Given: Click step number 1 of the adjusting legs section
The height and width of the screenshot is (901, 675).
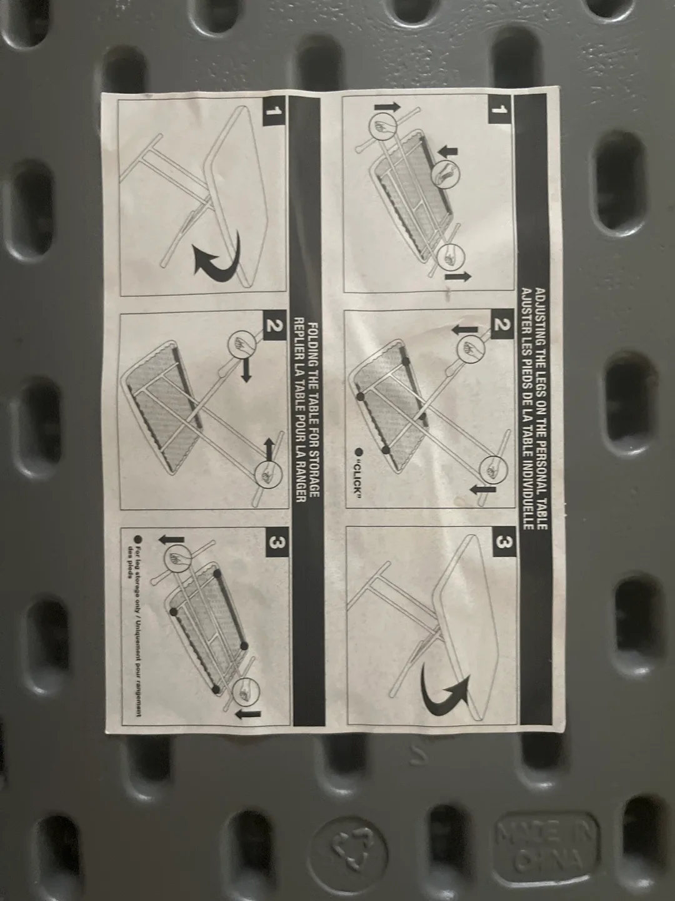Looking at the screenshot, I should (x=499, y=111).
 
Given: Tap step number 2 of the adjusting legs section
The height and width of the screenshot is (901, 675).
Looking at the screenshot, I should (x=499, y=325).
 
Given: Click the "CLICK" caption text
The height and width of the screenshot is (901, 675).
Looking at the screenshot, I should (x=359, y=473).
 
